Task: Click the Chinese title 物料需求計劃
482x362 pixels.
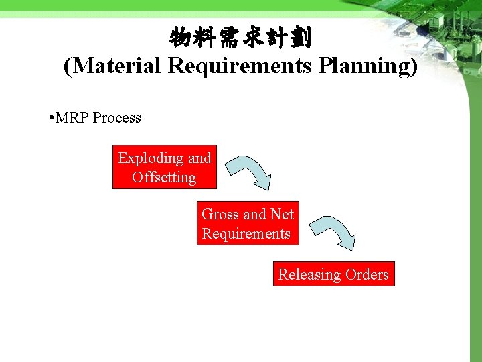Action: [240, 38]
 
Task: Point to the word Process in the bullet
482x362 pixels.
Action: [117, 118]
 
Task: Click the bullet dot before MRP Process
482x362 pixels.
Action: [52, 119]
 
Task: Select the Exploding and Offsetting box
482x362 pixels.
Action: [165, 167]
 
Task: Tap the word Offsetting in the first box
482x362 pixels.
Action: [164, 178]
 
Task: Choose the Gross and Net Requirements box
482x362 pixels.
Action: [247, 223]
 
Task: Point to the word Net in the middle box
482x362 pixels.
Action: [282, 215]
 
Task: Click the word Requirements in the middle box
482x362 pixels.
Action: [246, 234]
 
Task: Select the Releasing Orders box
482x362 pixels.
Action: [333, 274]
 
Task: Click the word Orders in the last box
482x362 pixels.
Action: [367, 274]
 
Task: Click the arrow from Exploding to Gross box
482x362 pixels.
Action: [248, 172]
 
